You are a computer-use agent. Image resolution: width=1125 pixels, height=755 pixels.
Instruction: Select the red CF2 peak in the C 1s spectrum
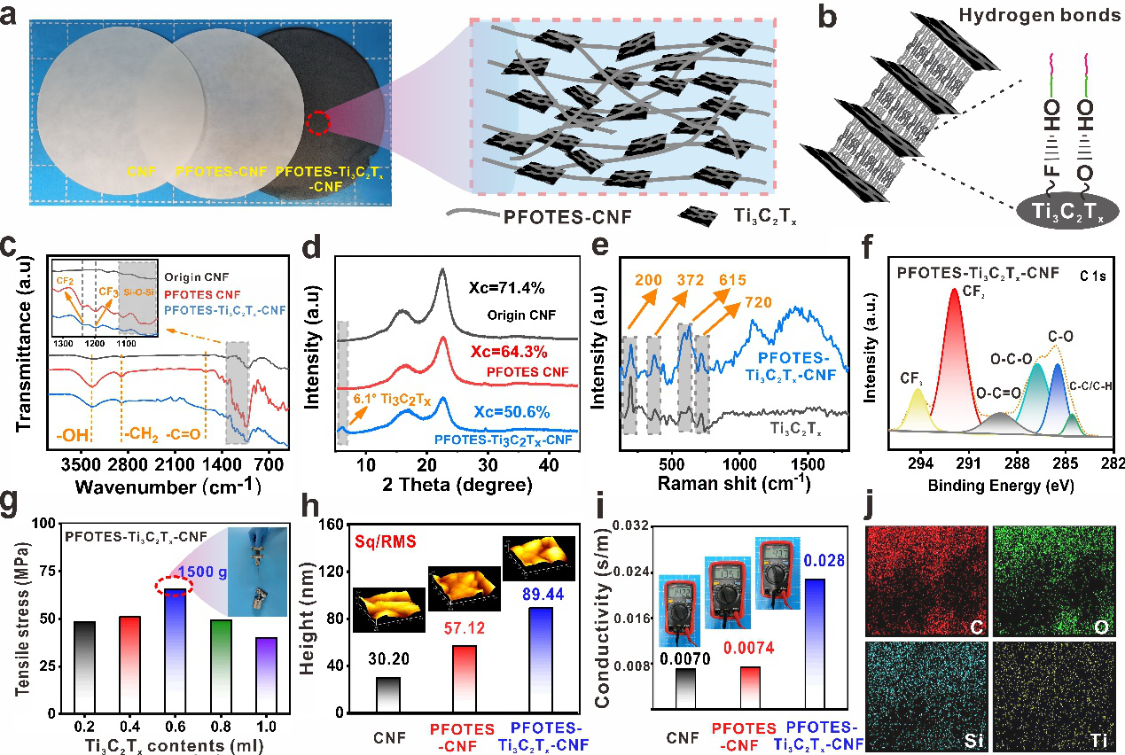tap(955, 354)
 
